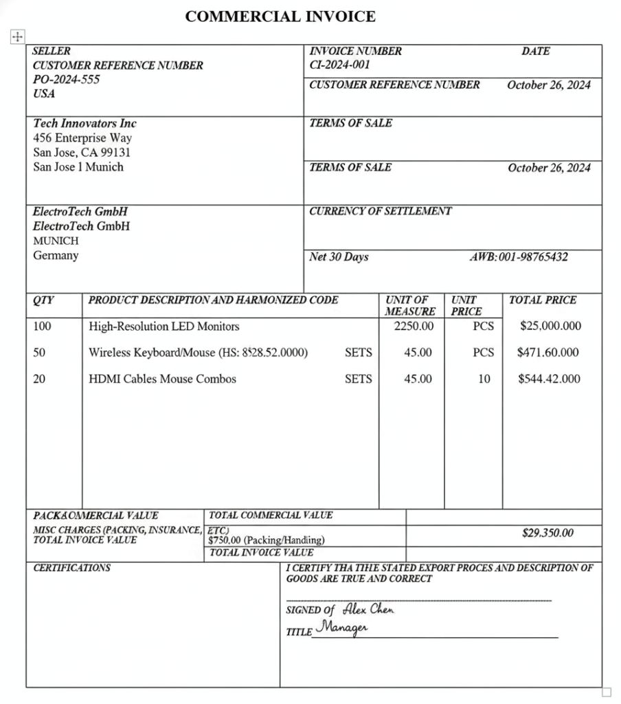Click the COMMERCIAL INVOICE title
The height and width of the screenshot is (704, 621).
coord(280,16)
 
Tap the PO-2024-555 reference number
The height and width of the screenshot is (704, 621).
coord(66,79)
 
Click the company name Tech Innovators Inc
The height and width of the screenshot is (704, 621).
coord(84,123)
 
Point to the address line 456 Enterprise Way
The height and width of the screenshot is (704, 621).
coord(82,137)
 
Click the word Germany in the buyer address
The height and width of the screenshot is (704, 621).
coord(56,255)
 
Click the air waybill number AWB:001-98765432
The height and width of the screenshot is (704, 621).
coord(518,257)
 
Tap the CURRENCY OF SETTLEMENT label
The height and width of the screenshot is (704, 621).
coord(380,211)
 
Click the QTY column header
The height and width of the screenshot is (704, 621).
coord(43,300)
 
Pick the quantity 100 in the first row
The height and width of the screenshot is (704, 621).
coord(42,326)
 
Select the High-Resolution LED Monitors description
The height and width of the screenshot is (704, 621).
coord(163,326)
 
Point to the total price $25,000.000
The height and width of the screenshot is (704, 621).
coord(550,326)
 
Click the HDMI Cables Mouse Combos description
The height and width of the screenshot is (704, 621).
coord(162,378)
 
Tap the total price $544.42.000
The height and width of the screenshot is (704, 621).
coord(549,378)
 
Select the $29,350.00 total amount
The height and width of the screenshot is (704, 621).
coord(547,533)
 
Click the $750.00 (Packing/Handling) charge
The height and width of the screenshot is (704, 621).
coord(267,540)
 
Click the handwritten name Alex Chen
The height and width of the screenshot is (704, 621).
coord(368,608)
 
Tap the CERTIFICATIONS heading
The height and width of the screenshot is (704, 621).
coord(71,568)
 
